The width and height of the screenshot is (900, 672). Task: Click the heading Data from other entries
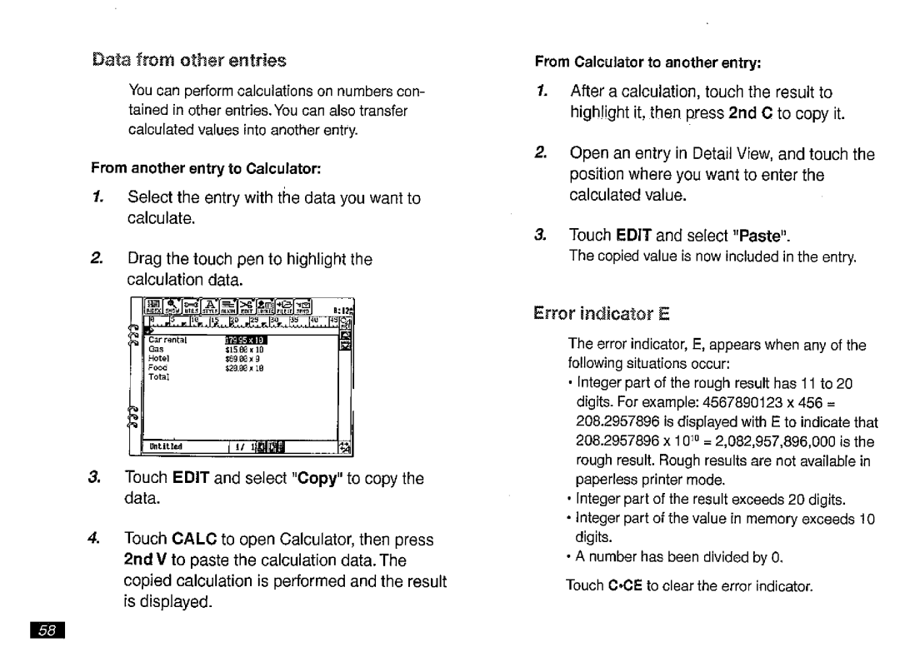click(x=189, y=61)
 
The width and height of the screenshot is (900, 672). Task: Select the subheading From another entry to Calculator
click(x=207, y=168)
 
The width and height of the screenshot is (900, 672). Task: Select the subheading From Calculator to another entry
click(x=648, y=62)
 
